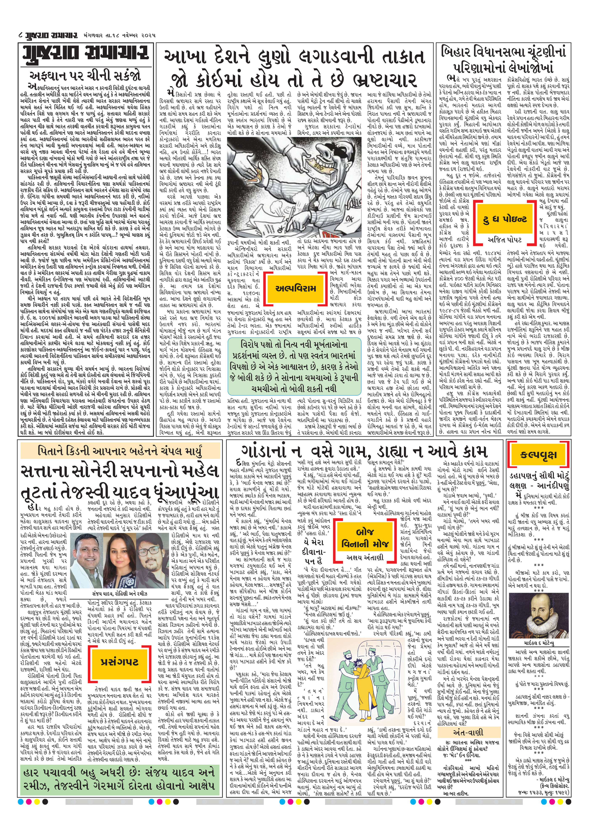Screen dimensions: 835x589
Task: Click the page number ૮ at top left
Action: click(21, 35)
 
